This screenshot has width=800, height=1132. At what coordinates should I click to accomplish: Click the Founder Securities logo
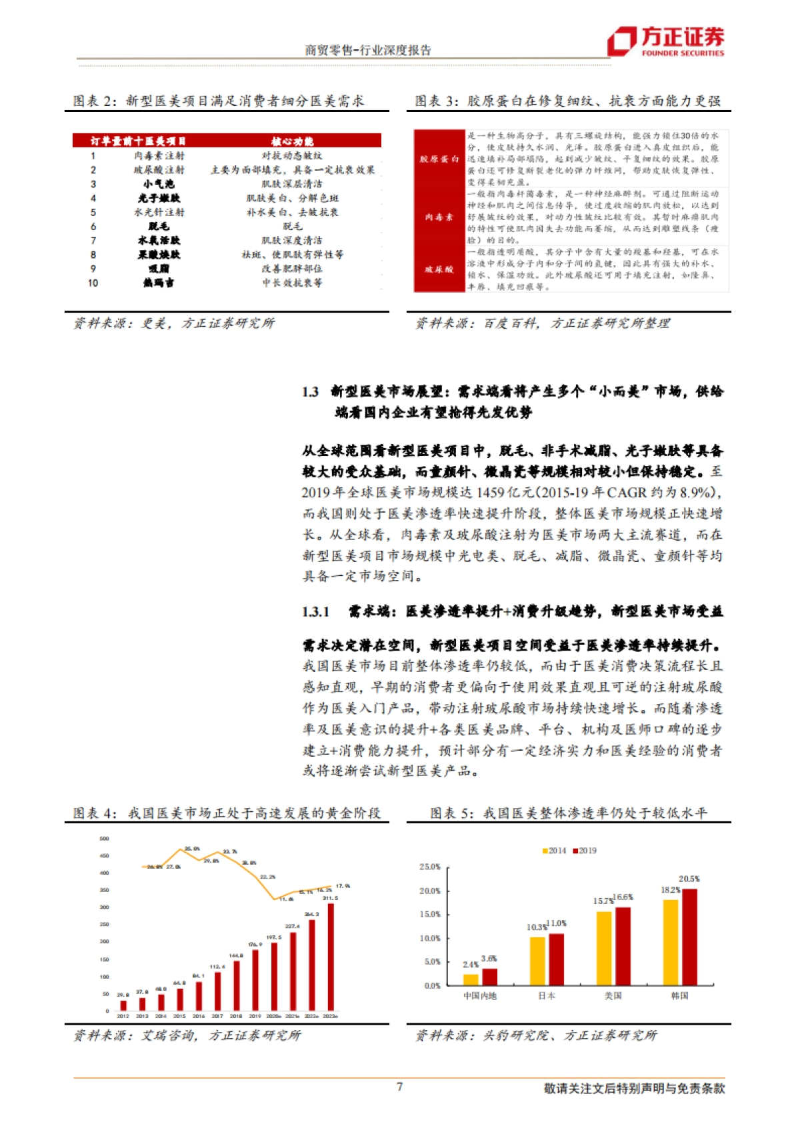point(665,41)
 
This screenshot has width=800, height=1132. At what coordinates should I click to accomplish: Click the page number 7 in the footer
point(399,1087)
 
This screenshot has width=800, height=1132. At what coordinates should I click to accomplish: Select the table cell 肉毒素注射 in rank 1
point(159,155)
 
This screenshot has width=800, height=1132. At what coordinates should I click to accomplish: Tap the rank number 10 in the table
point(93,283)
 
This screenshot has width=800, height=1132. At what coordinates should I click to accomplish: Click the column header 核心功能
point(292,141)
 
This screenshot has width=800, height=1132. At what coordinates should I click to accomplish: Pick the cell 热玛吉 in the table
point(159,283)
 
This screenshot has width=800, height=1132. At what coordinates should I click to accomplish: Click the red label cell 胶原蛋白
point(439,159)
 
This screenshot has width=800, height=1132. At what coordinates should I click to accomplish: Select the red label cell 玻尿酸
point(439,269)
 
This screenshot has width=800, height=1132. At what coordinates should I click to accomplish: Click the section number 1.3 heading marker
point(310,392)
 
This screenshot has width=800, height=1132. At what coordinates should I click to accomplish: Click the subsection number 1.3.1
point(315,611)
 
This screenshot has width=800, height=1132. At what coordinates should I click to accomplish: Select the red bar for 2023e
point(331,957)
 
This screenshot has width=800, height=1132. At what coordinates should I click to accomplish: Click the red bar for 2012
point(123,1005)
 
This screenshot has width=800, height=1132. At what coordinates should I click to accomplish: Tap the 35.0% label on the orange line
point(192,849)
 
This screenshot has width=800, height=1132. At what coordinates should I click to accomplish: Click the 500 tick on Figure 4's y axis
point(104,839)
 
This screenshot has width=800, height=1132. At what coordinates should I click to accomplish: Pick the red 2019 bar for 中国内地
point(489,977)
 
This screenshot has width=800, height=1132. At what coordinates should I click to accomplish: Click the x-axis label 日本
point(547,995)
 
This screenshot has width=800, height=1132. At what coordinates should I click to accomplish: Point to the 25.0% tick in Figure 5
point(430,867)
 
